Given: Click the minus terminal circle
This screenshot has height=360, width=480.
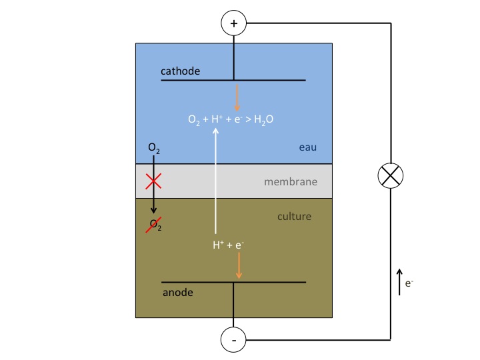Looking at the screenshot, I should [233, 340].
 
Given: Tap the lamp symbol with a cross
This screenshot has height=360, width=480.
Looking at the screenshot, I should [391, 176].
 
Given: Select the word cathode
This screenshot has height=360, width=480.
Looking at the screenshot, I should [180, 71].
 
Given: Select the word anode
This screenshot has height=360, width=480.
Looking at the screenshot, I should [177, 292].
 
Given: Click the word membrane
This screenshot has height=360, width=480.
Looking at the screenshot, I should [290, 181].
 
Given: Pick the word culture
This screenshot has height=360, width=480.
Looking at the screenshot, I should [294, 217].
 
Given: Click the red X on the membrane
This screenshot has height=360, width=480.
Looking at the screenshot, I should [154, 181].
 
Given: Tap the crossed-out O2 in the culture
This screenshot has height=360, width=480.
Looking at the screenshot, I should [155, 225].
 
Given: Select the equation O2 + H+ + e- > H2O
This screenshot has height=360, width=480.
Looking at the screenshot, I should [231, 120].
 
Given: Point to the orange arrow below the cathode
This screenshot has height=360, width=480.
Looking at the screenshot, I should [237, 97].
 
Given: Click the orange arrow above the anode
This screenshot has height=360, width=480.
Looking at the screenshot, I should [239, 267].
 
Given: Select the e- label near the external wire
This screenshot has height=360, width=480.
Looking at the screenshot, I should [410, 283].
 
